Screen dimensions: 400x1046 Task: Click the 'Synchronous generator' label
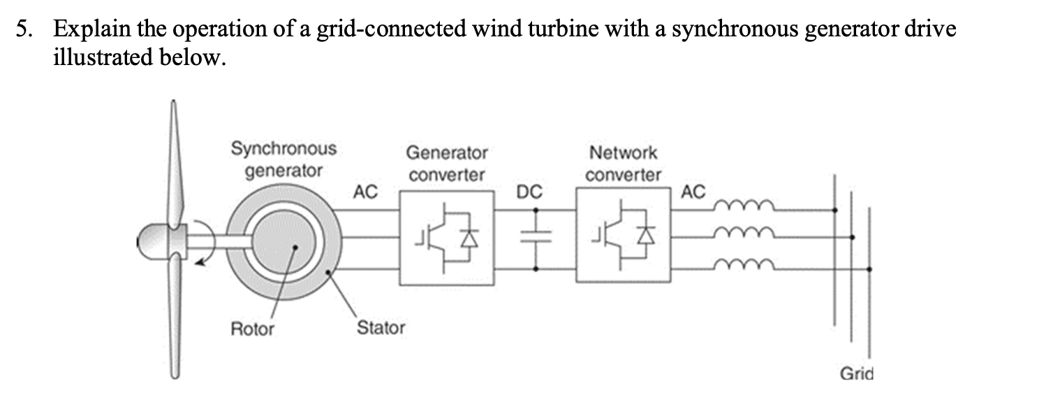[283, 159]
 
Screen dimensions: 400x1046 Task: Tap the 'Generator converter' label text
[447, 164]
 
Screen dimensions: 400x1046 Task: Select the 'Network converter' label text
[623, 163]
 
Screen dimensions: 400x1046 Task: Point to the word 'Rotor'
[252, 329]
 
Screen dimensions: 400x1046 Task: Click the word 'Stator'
[381, 327]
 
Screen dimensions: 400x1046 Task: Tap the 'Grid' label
[856, 373]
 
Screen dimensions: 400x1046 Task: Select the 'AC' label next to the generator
[365, 191]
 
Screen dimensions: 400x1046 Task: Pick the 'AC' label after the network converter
[693, 191]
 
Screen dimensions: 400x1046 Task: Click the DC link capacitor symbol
[536, 238]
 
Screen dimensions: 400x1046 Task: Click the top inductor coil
[748, 205]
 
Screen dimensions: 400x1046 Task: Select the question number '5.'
[25, 29]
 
